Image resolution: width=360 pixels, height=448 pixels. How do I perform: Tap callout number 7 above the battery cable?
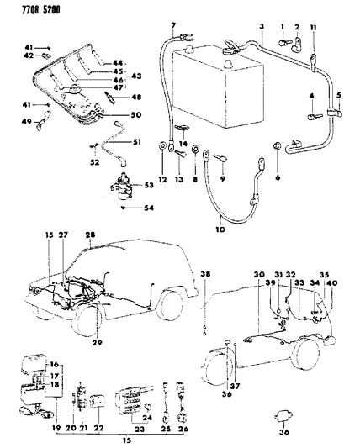coord(173,28)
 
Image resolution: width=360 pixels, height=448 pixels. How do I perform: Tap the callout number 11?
coord(314,29)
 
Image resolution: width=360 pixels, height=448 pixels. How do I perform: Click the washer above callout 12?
coord(161,150)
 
